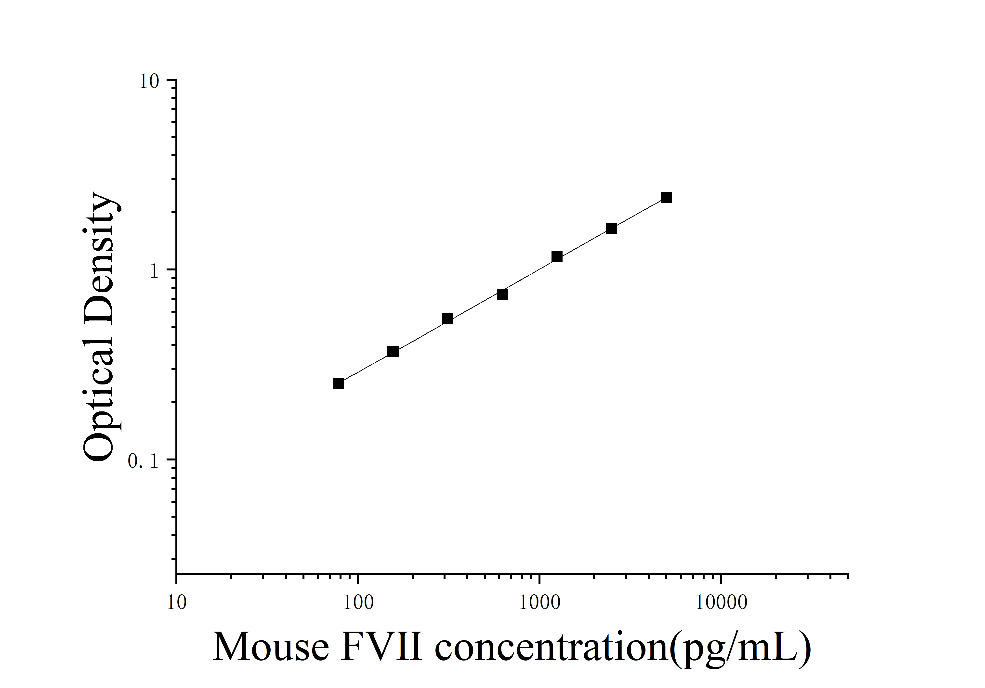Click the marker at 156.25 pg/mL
(393, 352)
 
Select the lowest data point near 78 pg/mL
(339, 384)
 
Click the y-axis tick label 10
(149, 81)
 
